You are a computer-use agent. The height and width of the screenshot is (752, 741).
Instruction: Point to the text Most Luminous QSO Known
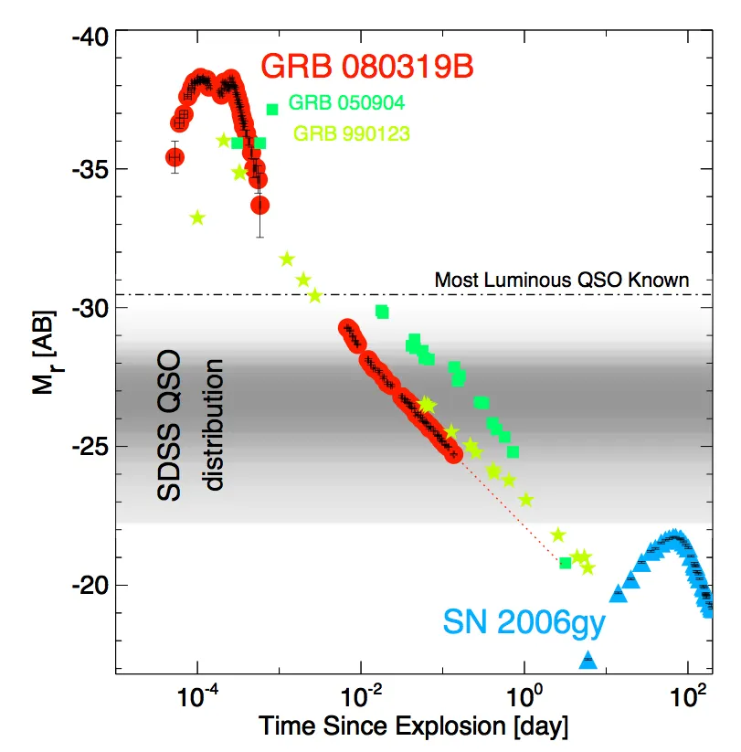pyautogui.click(x=561, y=280)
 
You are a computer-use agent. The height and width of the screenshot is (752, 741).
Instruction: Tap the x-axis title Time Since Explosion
pyautogui.click(x=414, y=727)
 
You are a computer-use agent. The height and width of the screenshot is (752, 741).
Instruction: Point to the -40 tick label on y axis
pyautogui.click(x=90, y=37)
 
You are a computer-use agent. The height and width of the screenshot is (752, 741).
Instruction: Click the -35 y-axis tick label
pyautogui.click(x=90, y=170)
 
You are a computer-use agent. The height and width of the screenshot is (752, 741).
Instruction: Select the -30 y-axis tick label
pyautogui.click(x=90, y=308)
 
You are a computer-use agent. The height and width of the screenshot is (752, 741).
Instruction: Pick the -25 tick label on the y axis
pyautogui.click(x=90, y=447)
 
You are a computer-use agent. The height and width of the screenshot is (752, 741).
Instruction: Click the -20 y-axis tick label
pyautogui.click(x=90, y=585)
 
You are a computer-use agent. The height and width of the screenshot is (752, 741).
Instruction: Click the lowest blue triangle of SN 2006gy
pyautogui.click(x=588, y=659)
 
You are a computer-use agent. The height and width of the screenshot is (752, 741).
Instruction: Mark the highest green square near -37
pyautogui.click(x=272, y=110)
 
